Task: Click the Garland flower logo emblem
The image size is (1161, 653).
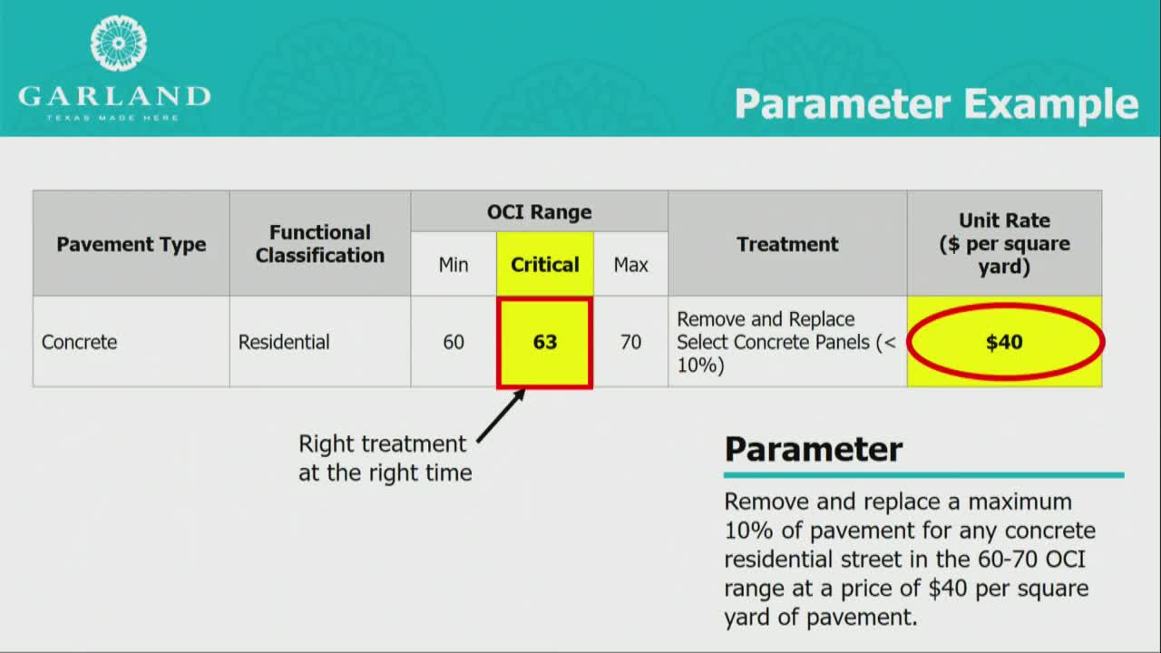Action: [x=118, y=43]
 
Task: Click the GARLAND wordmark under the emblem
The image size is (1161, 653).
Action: [x=114, y=97]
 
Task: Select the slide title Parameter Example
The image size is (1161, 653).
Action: [x=937, y=105]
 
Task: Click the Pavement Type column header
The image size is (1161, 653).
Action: [x=132, y=244]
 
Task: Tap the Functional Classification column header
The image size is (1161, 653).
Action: [x=320, y=244]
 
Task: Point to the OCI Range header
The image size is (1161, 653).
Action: [x=539, y=212]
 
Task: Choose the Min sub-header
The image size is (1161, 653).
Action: [x=454, y=265]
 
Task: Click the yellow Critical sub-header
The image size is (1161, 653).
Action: [x=545, y=265]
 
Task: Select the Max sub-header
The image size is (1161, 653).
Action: [x=630, y=265]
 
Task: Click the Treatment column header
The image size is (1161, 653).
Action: [x=787, y=244]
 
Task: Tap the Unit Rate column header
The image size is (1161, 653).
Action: [x=1004, y=244]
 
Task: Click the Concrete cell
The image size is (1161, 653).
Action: [x=79, y=342]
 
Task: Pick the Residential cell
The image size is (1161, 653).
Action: [x=284, y=342]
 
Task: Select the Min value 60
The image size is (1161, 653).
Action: [x=454, y=342]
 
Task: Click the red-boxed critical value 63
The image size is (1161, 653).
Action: [x=545, y=342]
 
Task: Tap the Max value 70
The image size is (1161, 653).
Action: [x=630, y=342]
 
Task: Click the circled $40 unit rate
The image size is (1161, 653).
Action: [x=1004, y=342]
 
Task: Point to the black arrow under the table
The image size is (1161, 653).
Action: [x=502, y=416]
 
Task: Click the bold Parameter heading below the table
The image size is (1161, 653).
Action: [x=814, y=449]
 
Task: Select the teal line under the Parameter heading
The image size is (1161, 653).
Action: [x=924, y=475]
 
